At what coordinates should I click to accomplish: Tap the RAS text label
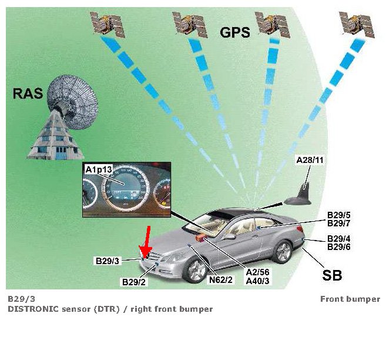[x=28, y=93]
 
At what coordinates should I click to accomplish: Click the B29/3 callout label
[x=108, y=260]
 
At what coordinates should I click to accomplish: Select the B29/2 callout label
[x=134, y=282]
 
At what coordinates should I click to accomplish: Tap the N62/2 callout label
[x=221, y=280]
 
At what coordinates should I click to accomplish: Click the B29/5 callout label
[x=340, y=215]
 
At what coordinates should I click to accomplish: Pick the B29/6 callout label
[x=340, y=248]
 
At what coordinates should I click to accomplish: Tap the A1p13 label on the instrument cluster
[x=99, y=171]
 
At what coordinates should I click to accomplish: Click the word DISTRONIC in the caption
[x=35, y=309]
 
